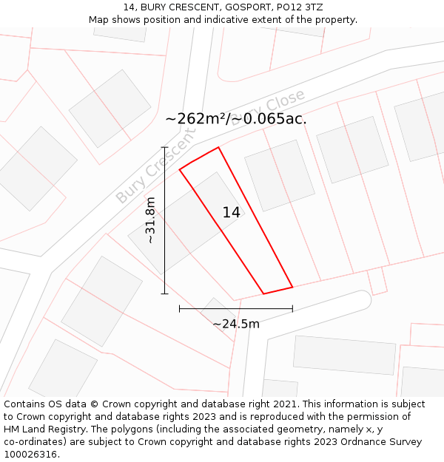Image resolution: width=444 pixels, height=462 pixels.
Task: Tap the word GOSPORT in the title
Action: click(245, 7)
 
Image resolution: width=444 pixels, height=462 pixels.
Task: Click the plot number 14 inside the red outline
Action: click(231, 213)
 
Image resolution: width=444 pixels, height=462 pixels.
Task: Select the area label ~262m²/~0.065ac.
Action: click(235, 119)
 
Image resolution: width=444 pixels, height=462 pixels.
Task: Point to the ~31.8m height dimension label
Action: click(150, 220)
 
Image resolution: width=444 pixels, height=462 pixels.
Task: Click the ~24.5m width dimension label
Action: click(236, 324)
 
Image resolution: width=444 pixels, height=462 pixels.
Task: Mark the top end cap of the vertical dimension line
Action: click(164, 147)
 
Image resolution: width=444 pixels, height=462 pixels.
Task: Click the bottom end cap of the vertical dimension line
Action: click(164, 293)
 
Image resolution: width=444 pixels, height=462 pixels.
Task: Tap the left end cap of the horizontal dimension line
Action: click(180, 308)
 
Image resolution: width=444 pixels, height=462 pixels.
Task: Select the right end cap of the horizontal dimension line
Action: click(292, 308)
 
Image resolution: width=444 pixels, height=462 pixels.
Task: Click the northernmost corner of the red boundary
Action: click(218, 147)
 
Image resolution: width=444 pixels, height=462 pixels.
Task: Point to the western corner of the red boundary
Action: click(180, 170)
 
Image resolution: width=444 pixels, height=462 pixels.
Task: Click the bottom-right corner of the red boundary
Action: click(292, 287)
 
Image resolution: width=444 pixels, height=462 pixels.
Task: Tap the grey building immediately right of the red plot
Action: click(280, 175)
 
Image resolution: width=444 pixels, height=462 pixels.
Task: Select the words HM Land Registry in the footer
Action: click(39, 429)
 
